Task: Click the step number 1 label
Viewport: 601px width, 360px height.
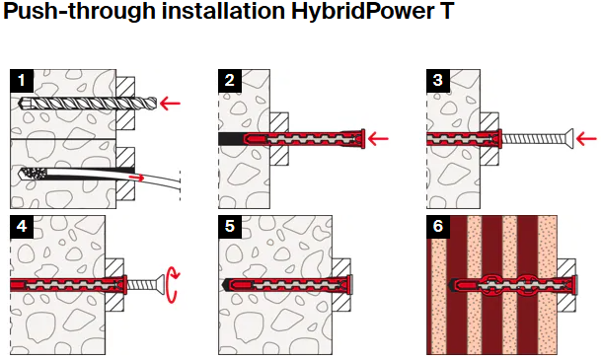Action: pyautogui.click(x=22, y=81)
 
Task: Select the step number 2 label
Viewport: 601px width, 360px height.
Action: pyautogui.click(x=230, y=81)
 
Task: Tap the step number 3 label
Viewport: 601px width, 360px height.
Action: pyautogui.click(x=438, y=81)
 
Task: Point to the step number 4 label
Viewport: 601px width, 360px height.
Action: pyautogui.click(x=22, y=227)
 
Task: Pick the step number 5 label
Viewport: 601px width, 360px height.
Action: pyautogui.click(x=230, y=227)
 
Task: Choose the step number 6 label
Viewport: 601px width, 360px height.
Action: pyautogui.click(x=438, y=227)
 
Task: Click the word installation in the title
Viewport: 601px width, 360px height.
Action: pyautogui.click(x=223, y=10)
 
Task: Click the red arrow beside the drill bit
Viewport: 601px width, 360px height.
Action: pyautogui.click(x=170, y=103)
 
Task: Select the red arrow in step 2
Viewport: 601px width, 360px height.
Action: pyautogui.click(x=378, y=139)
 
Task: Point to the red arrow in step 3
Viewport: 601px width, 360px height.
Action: pyautogui.click(x=586, y=139)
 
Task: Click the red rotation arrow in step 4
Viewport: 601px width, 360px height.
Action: pyautogui.click(x=175, y=285)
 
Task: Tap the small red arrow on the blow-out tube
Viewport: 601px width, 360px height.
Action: pyautogui.click(x=137, y=178)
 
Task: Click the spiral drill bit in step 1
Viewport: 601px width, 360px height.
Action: pyautogui.click(x=88, y=103)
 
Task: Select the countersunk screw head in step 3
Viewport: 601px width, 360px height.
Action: pyautogui.click(x=568, y=139)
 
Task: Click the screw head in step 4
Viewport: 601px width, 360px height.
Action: pyautogui.click(x=160, y=285)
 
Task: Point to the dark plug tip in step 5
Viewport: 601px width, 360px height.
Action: pyautogui.click(x=227, y=285)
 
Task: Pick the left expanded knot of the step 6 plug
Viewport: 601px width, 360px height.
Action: pyautogui.click(x=491, y=285)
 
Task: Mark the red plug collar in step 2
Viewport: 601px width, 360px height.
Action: pyautogui.click(x=362, y=139)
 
